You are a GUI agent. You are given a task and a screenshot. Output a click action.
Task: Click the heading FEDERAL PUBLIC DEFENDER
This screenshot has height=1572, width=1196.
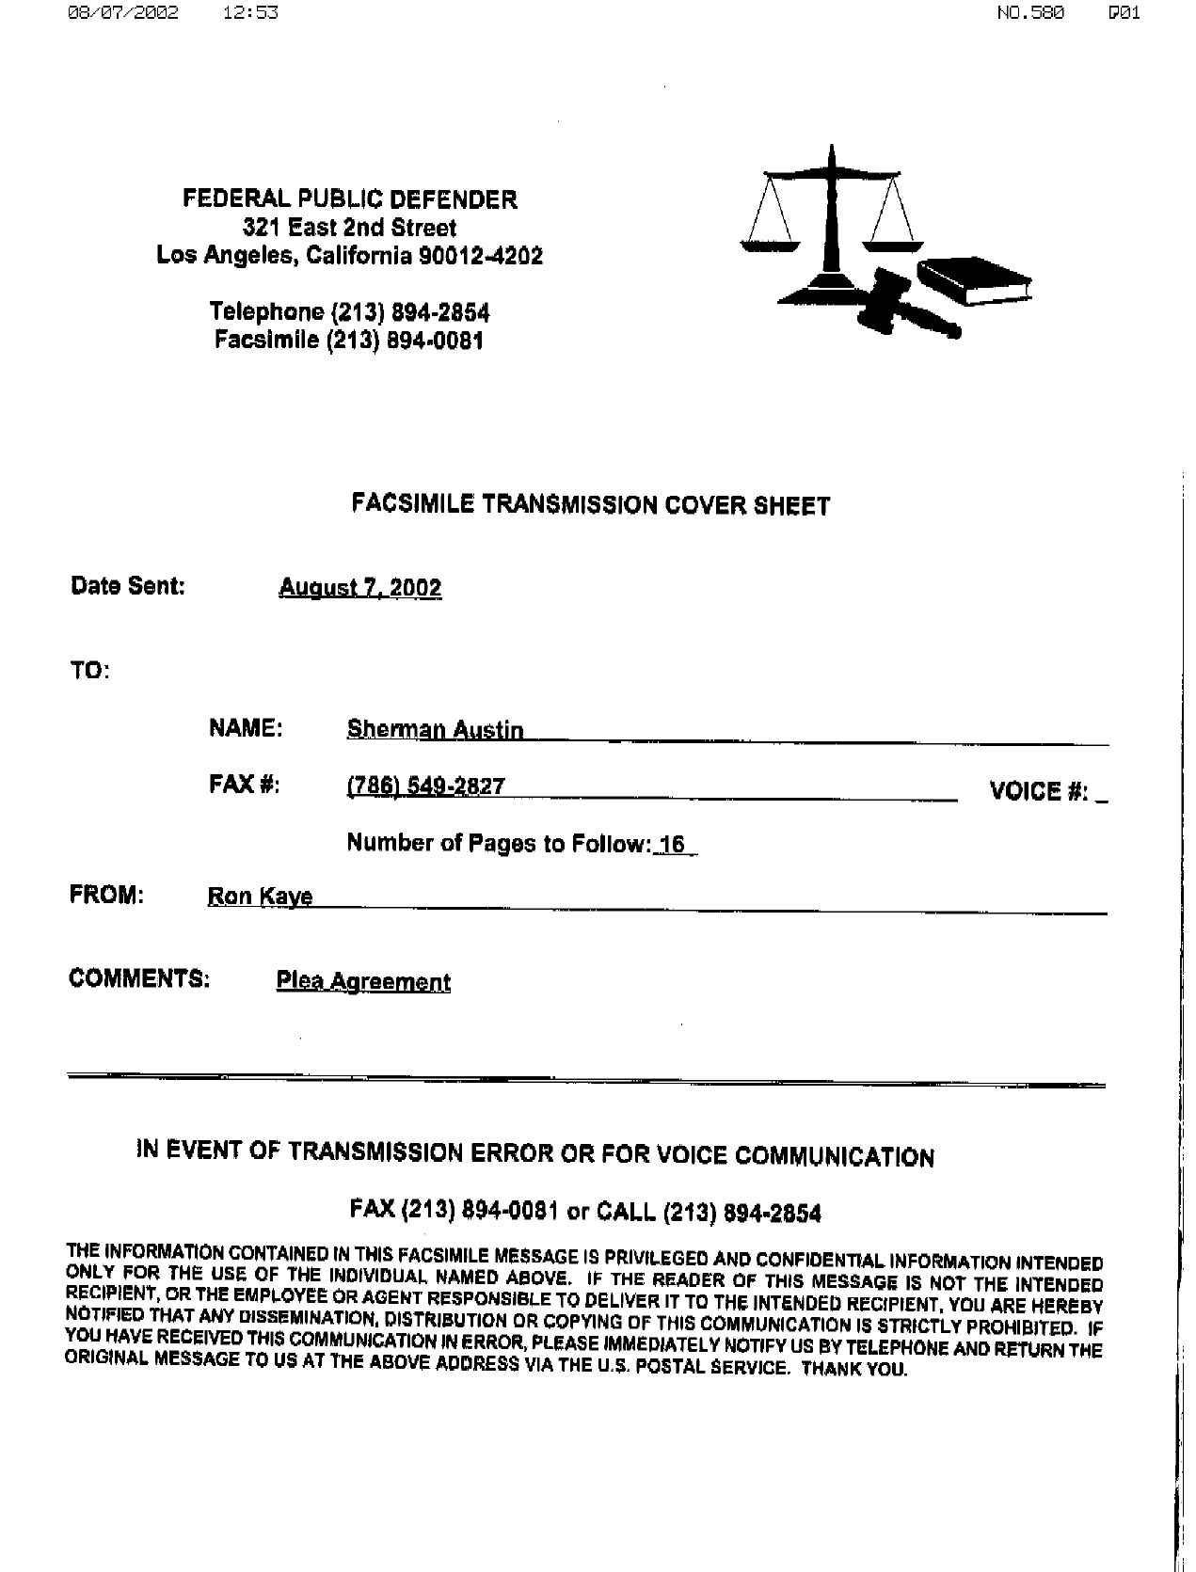click(349, 199)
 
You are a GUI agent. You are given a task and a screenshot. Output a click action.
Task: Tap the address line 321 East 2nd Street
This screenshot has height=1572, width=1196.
click(349, 228)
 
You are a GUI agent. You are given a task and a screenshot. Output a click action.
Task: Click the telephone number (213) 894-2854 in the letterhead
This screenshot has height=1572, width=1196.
click(411, 312)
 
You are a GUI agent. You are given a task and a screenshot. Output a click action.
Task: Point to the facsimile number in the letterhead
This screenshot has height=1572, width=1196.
click(405, 341)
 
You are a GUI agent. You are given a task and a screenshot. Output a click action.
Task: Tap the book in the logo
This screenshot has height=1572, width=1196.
click(975, 279)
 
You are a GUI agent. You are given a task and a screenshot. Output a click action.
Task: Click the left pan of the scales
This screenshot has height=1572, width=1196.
click(770, 246)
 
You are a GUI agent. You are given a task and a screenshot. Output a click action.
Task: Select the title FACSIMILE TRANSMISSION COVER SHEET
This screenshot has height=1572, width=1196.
click(591, 506)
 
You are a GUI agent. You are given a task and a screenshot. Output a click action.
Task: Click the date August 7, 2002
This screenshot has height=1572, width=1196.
click(360, 588)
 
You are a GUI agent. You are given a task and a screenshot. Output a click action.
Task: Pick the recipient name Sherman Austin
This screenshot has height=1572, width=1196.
click(435, 730)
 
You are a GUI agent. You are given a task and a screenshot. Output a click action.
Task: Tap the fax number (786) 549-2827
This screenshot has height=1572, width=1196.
click(425, 786)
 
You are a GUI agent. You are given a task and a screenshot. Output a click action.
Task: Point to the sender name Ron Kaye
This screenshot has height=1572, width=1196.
click(260, 897)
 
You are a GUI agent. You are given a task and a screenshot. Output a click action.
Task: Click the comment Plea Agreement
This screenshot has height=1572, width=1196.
click(363, 982)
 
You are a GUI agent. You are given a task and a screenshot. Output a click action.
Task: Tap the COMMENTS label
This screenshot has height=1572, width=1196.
click(139, 978)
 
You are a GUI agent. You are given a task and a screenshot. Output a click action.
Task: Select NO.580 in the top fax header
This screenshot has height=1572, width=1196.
click(1030, 13)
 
